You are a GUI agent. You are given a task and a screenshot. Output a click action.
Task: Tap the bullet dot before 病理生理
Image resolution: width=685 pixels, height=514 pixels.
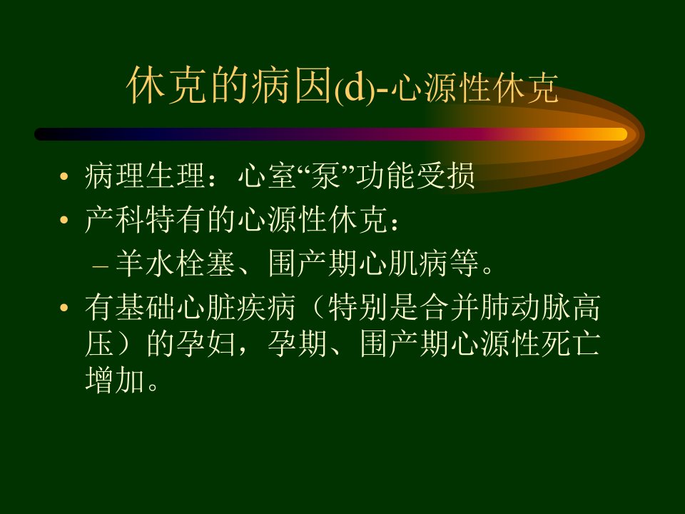(64, 176)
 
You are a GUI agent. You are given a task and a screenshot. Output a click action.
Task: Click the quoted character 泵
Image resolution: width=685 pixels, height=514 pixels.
(325, 176)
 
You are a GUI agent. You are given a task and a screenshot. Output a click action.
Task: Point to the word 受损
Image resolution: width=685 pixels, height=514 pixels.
(445, 176)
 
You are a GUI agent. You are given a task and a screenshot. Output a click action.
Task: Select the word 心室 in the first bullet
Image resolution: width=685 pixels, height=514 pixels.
(267, 176)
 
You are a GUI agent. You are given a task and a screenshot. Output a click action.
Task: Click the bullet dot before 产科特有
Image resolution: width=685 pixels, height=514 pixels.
(64, 220)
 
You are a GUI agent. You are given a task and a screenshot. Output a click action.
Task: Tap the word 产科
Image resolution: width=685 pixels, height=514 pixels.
(114, 219)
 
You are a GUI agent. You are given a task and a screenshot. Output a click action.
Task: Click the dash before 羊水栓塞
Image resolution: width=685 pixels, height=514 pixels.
(101, 266)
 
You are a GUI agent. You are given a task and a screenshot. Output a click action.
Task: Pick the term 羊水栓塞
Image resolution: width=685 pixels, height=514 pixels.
(176, 263)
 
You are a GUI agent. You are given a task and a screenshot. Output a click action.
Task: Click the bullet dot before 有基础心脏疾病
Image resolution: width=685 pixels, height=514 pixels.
(64, 308)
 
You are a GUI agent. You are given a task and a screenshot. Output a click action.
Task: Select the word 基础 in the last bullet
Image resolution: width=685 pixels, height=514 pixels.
(145, 307)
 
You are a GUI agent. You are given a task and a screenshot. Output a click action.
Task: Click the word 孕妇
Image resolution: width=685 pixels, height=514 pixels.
(206, 343)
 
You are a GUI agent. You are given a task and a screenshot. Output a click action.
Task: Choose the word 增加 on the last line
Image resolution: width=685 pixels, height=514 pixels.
(114, 380)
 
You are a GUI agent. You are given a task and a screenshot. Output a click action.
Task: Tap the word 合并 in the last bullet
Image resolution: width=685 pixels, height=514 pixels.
(450, 307)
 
